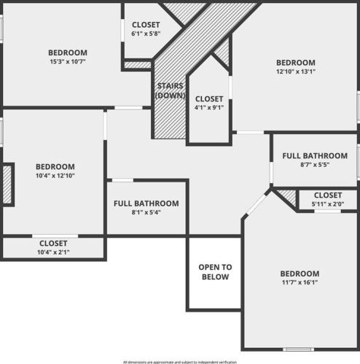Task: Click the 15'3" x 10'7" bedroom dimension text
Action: pyautogui.click(x=68, y=61)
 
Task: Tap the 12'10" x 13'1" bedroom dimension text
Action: pyautogui.click(x=295, y=72)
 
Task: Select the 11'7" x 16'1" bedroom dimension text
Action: pyautogui.click(x=300, y=282)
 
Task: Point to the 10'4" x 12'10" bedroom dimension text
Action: pyautogui.click(x=55, y=175)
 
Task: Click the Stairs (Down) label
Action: pyautogui.click(x=170, y=90)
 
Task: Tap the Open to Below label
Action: pyautogui.click(x=214, y=272)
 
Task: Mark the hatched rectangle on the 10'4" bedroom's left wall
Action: pyautogui.click(x=7, y=184)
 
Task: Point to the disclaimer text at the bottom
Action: pyautogui.click(x=179, y=361)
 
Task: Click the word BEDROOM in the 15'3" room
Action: pyautogui.click(x=68, y=53)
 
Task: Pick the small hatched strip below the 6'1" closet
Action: pyautogui.click(x=138, y=65)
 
